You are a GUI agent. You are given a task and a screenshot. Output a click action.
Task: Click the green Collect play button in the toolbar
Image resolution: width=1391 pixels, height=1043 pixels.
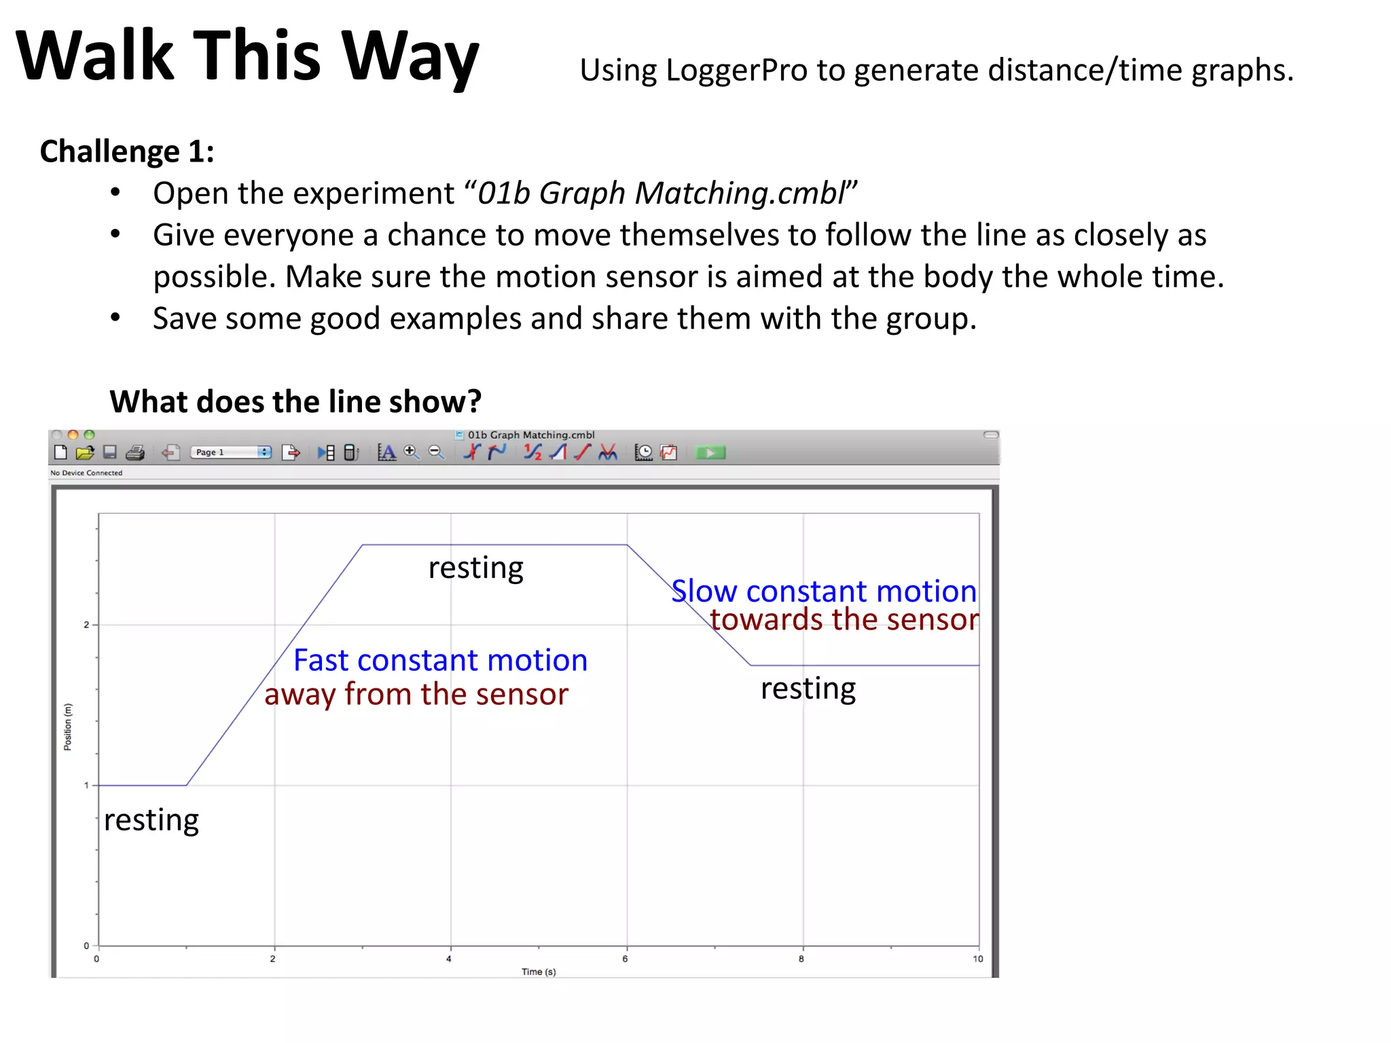[710, 452]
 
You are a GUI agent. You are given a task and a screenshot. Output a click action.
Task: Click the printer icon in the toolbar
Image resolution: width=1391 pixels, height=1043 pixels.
[135, 452]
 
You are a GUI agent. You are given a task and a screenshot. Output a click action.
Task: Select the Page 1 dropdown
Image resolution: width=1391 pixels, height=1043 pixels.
[230, 452]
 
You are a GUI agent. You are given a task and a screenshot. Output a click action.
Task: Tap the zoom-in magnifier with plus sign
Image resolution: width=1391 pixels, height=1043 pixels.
[411, 452]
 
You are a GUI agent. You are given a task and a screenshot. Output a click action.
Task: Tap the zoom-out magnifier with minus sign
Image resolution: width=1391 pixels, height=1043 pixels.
[436, 452]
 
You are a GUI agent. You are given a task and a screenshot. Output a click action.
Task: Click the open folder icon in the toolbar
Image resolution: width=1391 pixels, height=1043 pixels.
[85, 452]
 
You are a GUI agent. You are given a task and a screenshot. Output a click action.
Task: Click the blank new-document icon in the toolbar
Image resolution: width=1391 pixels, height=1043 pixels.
[60, 452]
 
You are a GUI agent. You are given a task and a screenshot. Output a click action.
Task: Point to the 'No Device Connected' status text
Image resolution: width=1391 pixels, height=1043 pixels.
[86, 473]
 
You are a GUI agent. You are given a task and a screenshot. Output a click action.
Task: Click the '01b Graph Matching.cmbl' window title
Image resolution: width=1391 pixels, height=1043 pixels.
[530, 435]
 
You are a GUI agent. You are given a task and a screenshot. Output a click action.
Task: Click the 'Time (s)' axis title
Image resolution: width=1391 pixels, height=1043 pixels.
[539, 972]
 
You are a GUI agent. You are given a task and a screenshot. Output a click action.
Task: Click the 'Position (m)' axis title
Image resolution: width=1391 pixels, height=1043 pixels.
[67, 727]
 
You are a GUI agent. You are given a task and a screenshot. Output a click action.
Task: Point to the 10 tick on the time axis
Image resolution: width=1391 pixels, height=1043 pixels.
[977, 959]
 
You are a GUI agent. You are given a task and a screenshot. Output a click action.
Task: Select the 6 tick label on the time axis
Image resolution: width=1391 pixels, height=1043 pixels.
[625, 959]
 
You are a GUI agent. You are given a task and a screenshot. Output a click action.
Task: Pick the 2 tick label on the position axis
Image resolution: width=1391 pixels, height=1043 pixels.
[86, 625]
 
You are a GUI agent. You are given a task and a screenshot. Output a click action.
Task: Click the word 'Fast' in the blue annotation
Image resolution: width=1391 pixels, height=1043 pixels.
[321, 661]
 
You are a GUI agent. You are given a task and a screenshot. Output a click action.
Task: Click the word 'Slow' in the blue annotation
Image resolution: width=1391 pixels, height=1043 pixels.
[704, 591]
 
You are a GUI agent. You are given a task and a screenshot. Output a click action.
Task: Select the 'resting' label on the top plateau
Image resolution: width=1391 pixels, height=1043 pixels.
[475, 568]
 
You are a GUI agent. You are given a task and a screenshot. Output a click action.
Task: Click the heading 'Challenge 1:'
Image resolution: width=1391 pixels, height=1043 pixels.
[127, 151]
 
